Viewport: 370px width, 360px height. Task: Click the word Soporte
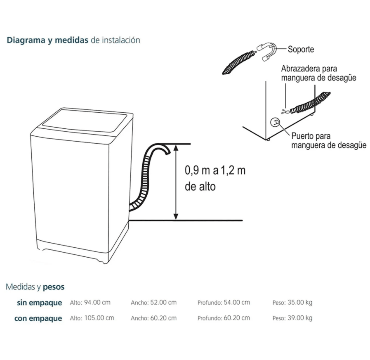click(x=301, y=50)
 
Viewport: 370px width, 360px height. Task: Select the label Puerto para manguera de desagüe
click(x=328, y=140)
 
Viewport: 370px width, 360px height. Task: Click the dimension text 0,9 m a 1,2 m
click(x=215, y=170)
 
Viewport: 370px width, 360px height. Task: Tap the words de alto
click(x=200, y=187)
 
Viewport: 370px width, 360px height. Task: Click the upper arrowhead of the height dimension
click(x=176, y=147)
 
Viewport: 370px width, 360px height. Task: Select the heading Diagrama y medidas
click(x=47, y=40)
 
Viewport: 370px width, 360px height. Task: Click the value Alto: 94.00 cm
click(x=90, y=303)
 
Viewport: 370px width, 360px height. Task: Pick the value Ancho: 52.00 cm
click(x=153, y=303)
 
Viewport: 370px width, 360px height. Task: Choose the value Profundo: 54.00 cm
click(x=224, y=303)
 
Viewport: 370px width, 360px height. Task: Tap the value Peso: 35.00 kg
click(x=292, y=303)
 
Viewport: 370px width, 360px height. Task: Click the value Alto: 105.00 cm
click(x=92, y=318)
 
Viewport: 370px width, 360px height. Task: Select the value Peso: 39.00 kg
click(x=292, y=318)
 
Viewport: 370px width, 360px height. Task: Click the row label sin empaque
click(x=40, y=303)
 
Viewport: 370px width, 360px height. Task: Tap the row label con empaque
click(x=38, y=318)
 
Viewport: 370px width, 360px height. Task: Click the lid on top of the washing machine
click(x=85, y=120)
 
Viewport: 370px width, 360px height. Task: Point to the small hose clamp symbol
click(x=284, y=111)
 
